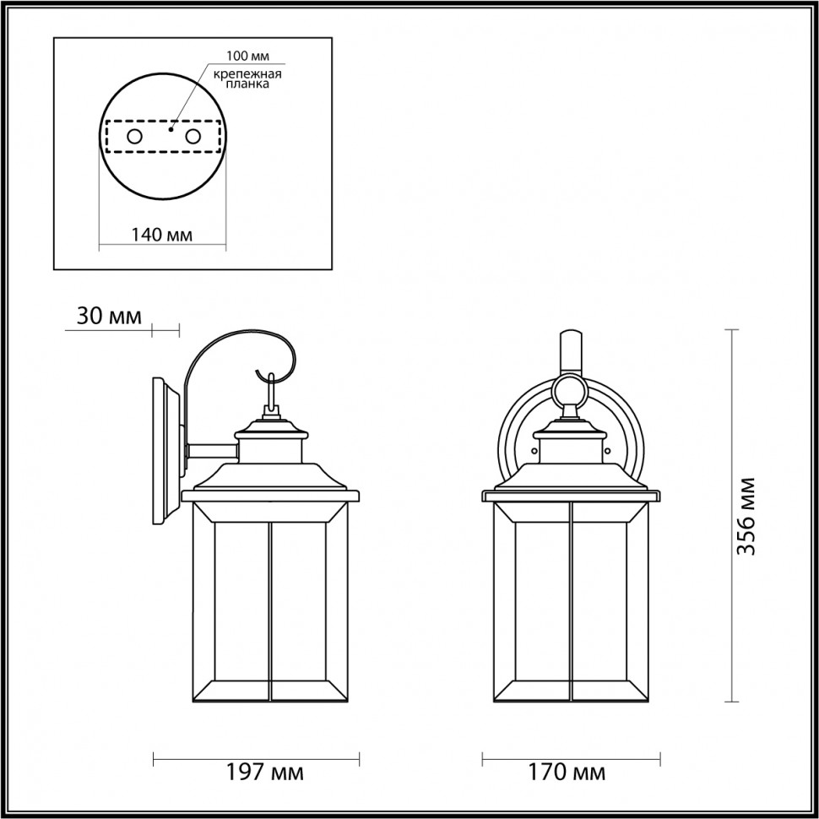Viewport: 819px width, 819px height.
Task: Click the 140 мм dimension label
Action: (161, 235)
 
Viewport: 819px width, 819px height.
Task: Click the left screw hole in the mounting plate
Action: (134, 136)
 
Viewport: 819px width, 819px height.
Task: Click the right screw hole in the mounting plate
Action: (193, 136)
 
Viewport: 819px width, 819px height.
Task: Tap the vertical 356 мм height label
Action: (746, 516)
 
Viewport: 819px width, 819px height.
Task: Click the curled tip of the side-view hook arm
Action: (258, 372)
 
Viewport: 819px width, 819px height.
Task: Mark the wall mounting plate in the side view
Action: (166, 452)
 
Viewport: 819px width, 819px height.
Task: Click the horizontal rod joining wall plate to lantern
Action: (211, 453)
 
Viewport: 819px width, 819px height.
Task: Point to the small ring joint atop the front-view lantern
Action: (572, 390)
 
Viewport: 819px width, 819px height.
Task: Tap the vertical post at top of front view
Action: (572, 350)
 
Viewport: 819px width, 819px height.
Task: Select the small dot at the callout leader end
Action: (171, 130)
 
